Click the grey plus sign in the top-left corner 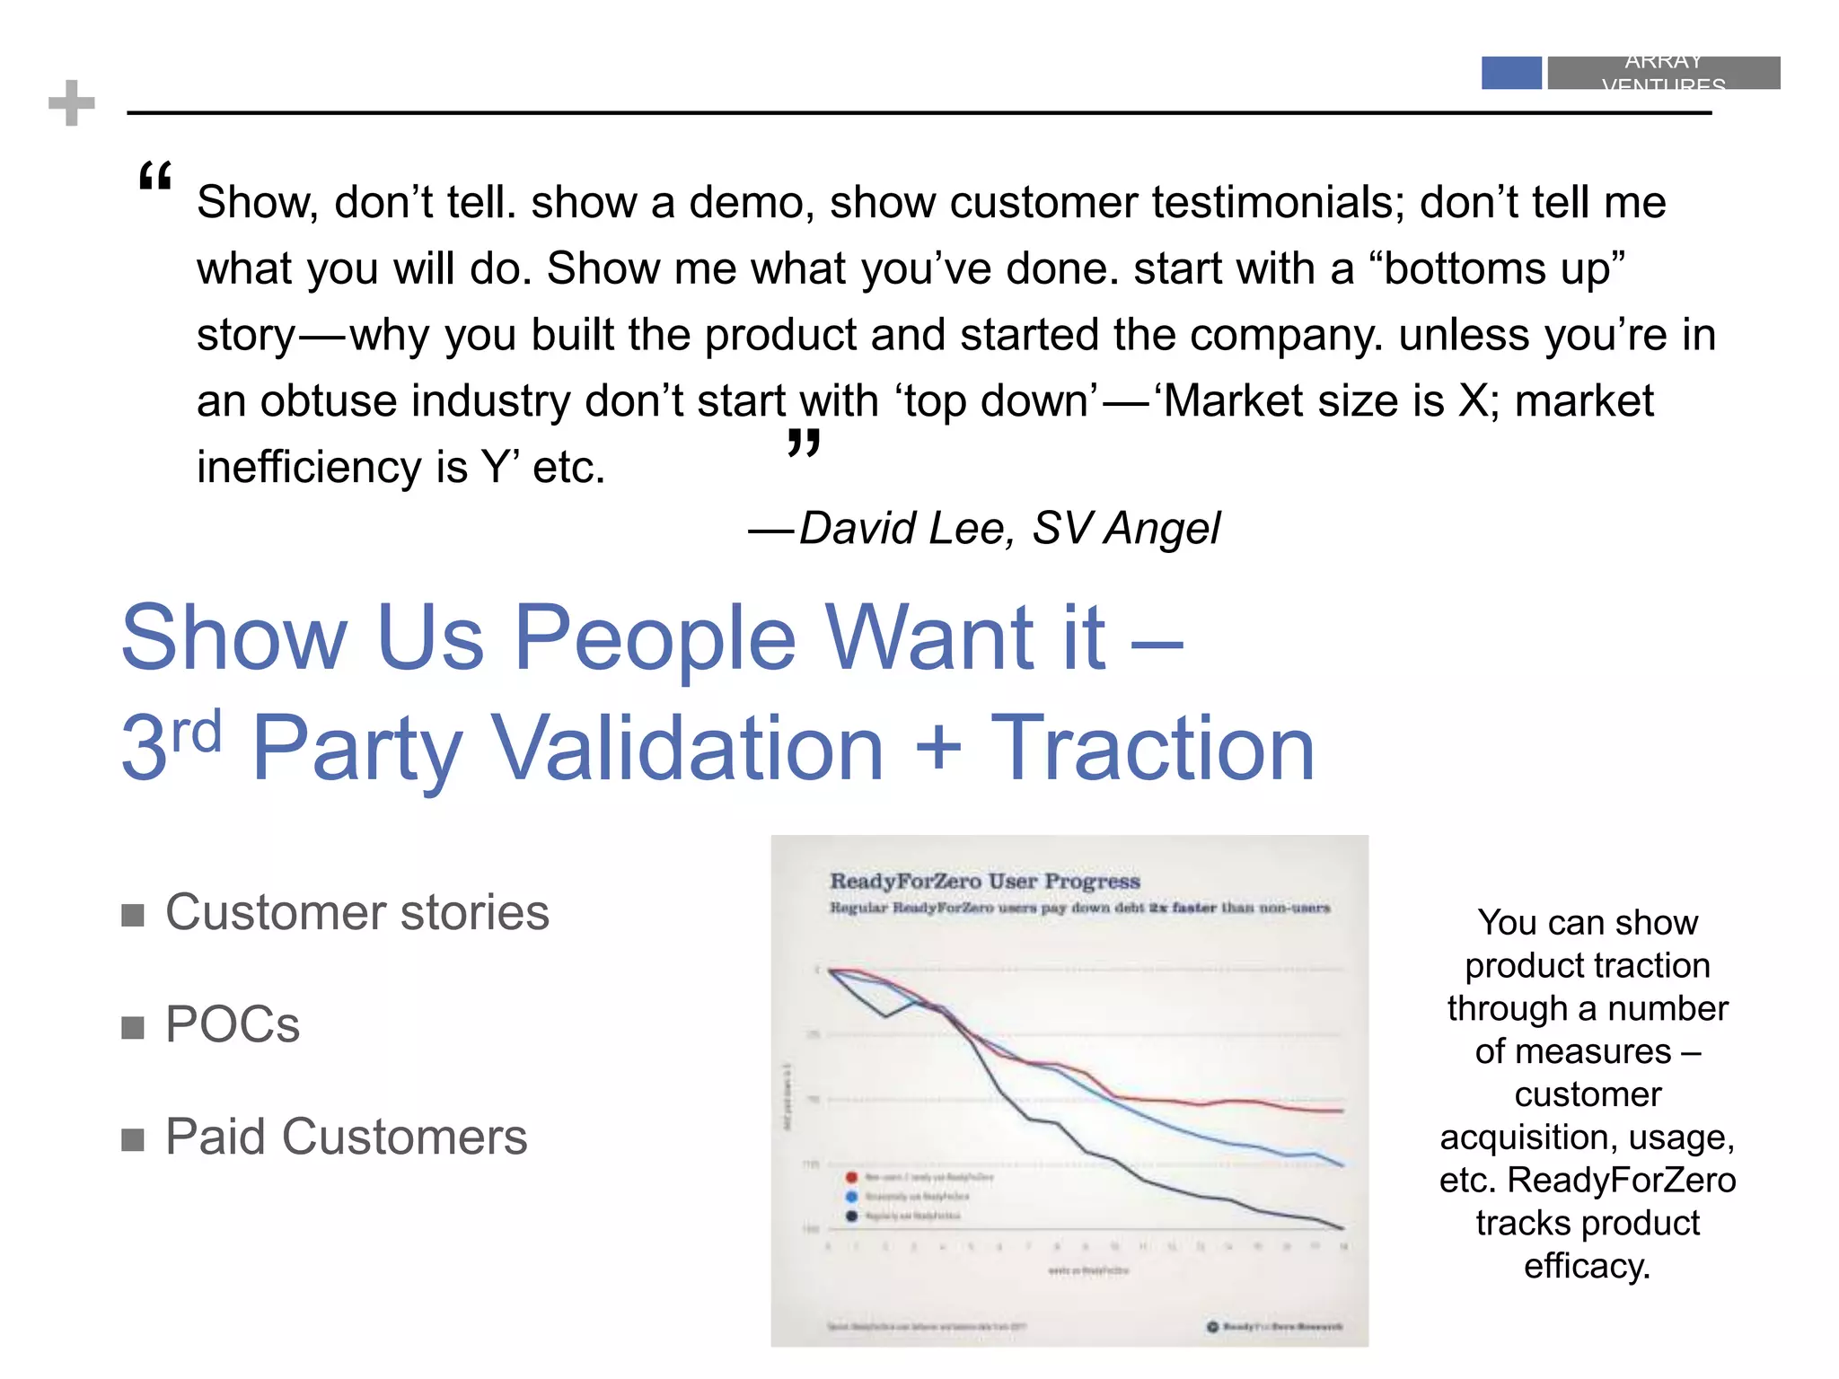(x=72, y=103)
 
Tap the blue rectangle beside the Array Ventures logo (x=1511, y=73)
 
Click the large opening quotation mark (x=155, y=177)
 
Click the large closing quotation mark (x=804, y=443)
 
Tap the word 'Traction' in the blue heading (x=1152, y=748)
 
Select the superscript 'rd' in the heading (x=197, y=732)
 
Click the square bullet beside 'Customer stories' (x=133, y=915)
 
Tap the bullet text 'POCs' (x=233, y=1024)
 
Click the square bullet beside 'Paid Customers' (x=133, y=1139)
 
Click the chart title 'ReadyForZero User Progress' (x=984, y=881)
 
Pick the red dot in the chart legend (x=851, y=1177)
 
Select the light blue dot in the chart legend (x=851, y=1197)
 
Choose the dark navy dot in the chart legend (x=851, y=1217)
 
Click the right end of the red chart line (x=1342, y=1111)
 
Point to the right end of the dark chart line (x=1342, y=1227)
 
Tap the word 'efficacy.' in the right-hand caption (x=1587, y=1266)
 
